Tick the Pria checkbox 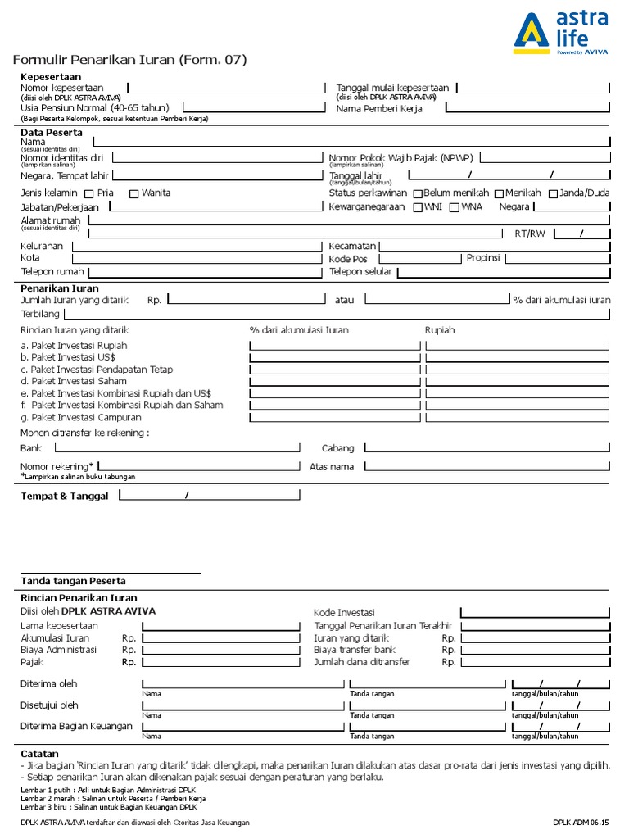89,194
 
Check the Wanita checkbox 133,194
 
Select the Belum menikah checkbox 418,194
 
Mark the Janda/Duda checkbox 553,194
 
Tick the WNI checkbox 417,207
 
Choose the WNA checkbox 455,207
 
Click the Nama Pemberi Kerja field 528,107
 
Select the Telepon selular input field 502,271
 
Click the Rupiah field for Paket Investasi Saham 518,381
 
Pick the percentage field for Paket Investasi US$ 333,357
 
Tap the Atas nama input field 487,466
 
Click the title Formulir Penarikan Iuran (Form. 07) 129,60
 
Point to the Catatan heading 39,753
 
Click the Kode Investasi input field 535,613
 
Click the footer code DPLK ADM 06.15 581,822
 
